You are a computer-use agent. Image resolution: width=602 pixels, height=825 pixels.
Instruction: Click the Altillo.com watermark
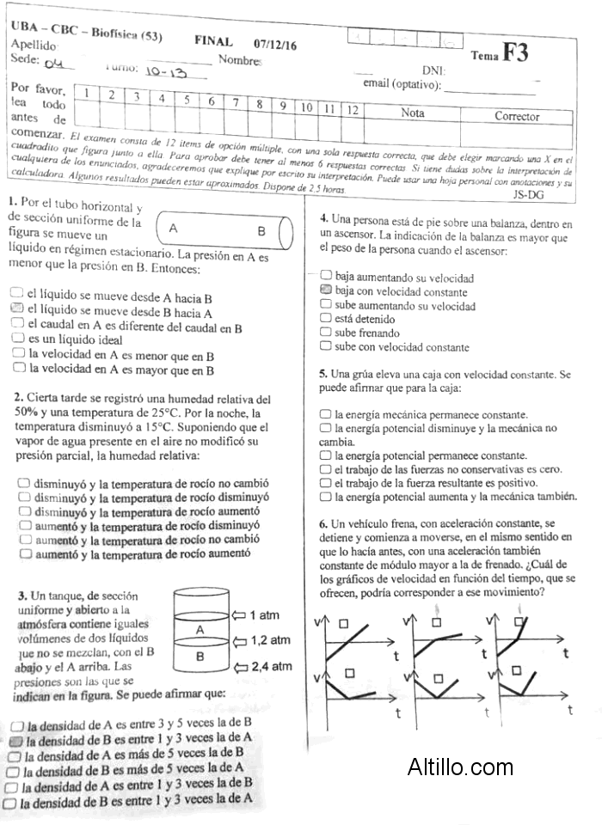click(460, 767)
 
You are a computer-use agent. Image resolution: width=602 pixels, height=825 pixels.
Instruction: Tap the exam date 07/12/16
click(275, 43)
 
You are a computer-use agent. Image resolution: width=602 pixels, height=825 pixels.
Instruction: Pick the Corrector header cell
click(517, 116)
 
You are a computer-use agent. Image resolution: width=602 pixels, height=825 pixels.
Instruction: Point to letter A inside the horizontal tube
click(173, 229)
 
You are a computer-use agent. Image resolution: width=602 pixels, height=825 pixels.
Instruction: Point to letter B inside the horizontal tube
click(261, 231)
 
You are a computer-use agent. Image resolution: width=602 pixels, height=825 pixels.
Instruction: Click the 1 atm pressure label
click(264, 615)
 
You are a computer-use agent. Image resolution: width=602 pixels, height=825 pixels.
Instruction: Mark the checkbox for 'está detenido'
click(325, 318)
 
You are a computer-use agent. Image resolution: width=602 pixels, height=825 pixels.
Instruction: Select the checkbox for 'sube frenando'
click(325, 332)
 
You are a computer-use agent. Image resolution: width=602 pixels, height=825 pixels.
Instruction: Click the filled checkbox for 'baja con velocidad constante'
click(325, 290)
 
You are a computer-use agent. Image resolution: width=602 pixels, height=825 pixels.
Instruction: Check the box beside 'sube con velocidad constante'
click(325, 345)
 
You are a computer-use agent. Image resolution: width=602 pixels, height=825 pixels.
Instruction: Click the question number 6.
click(322, 523)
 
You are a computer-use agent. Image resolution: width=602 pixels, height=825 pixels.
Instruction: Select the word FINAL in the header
click(214, 41)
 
